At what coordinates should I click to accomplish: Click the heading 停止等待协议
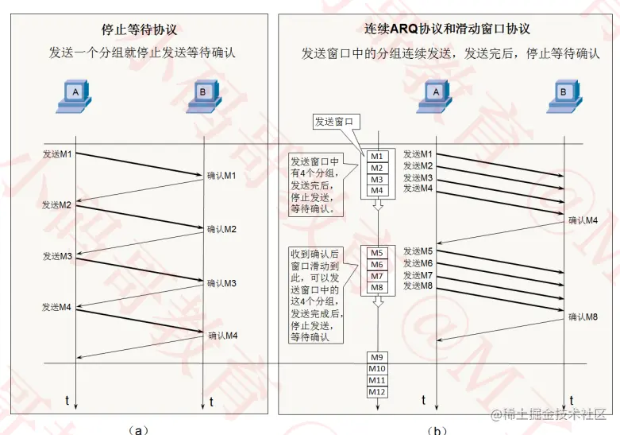point(139,30)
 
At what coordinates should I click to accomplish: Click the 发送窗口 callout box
point(337,122)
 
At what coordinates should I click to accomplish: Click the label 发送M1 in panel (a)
point(57,153)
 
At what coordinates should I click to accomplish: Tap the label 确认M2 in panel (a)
point(222,229)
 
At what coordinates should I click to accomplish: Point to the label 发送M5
point(418,251)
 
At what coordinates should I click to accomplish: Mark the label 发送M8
point(418,285)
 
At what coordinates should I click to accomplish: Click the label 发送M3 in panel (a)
point(57,256)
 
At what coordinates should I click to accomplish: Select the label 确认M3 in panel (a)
point(222,283)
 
